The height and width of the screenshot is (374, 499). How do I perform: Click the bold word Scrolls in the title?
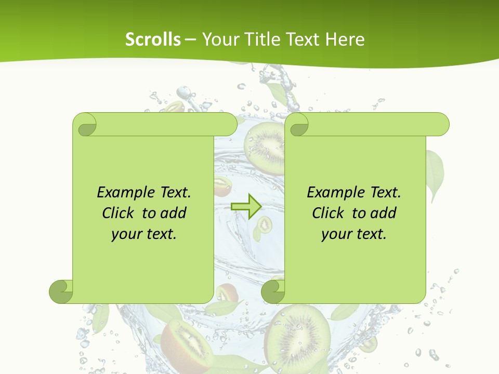[153, 39]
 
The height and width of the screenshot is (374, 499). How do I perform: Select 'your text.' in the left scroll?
[144, 234]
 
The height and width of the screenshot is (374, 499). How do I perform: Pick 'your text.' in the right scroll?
[354, 234]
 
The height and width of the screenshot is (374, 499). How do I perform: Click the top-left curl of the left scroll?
[85, 125]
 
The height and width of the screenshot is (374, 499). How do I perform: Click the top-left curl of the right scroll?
[298, 125]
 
